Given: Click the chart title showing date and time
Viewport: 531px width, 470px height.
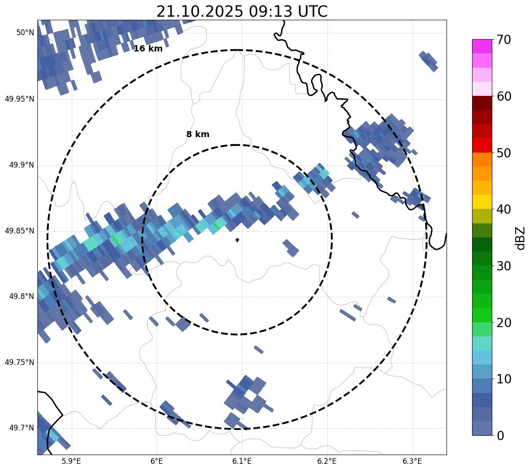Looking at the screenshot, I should pos(242,11).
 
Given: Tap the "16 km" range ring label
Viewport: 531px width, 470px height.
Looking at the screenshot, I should pos(148,49).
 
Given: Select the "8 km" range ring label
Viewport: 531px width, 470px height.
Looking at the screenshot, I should pos(198,135).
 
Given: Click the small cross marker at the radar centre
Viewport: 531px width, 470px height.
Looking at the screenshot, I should pos(238,240).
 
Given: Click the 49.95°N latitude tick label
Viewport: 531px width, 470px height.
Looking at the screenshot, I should pos(19,99).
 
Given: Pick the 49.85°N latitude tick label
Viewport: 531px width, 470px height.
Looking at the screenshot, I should pos(19,231).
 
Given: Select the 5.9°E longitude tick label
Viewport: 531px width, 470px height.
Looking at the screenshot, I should pos(71,461).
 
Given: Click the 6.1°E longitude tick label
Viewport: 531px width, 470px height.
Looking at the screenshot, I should pos(242,461).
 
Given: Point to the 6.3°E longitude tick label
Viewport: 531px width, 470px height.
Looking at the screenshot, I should pos(412,461).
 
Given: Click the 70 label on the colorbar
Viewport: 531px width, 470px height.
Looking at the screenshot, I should pos(504,40).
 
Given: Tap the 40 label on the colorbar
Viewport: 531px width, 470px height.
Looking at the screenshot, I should pos(504,209).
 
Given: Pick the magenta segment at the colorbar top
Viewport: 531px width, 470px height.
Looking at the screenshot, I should pos(482,46).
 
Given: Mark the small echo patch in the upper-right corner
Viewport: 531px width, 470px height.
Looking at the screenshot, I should pos(428,61).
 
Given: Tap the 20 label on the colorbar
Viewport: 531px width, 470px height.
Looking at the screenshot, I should pos(504,323).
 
